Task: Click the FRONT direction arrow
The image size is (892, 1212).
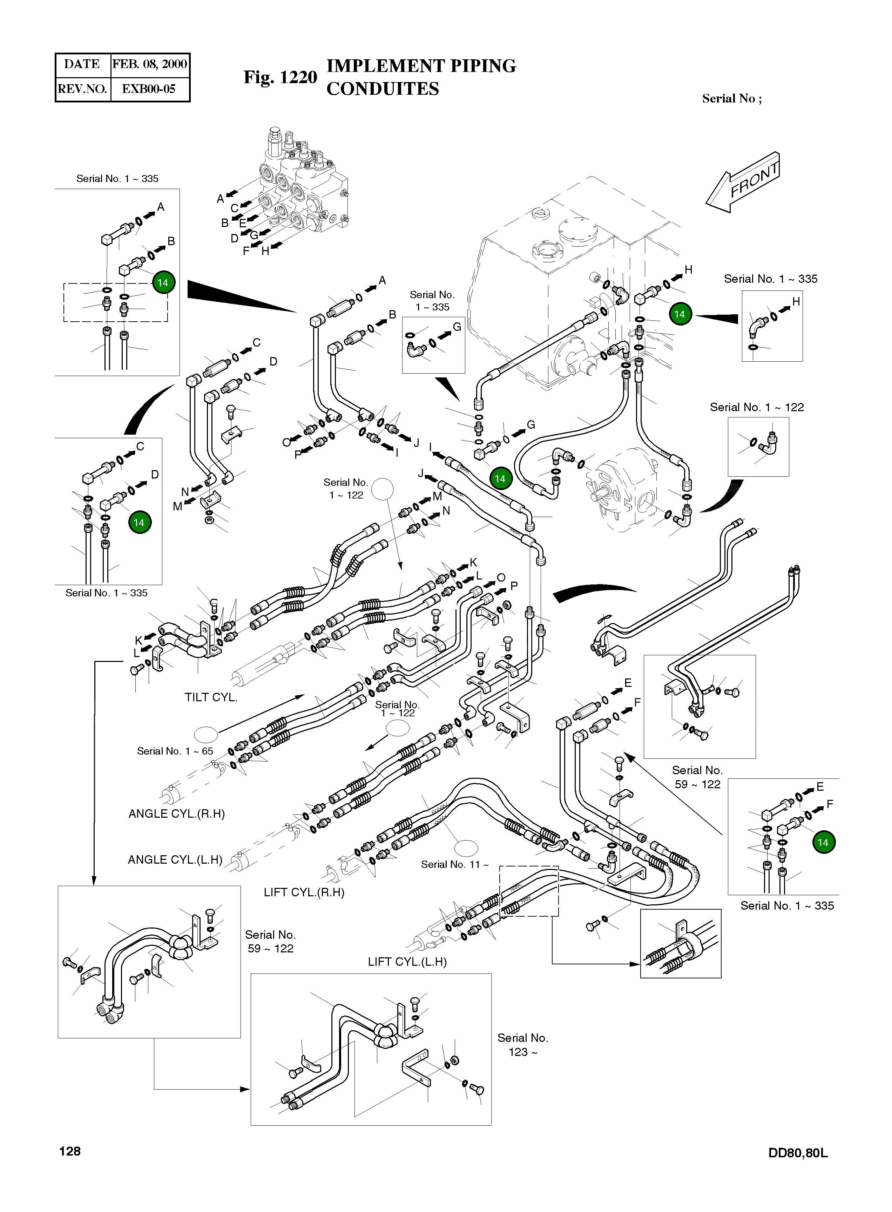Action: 744,182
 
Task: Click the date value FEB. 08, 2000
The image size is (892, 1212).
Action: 150,64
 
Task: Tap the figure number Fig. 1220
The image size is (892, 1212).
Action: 280,77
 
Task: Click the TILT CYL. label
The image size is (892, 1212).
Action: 211,697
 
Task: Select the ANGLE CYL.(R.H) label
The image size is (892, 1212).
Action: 177,814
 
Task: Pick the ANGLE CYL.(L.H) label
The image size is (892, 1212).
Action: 175,860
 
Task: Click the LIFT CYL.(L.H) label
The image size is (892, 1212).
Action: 407,962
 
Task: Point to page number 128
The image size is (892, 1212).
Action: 70,1152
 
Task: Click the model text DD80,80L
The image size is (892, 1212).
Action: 798,1153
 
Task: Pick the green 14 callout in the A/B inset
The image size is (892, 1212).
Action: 163,282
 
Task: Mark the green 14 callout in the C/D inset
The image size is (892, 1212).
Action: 139,522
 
